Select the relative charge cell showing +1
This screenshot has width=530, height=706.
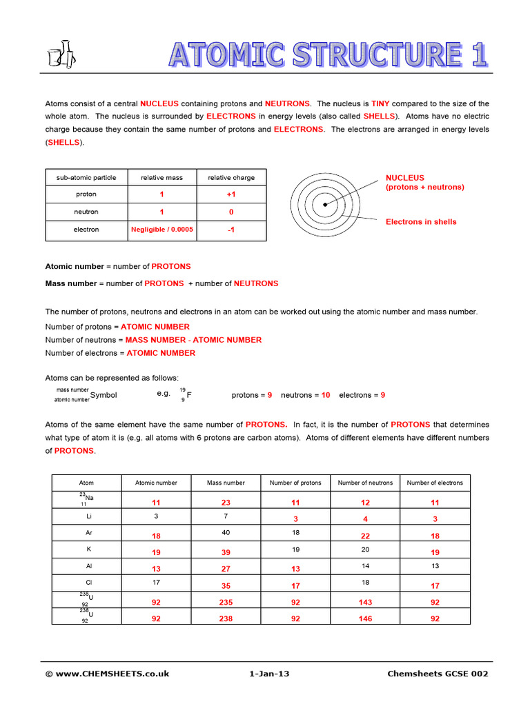tap(231, 195)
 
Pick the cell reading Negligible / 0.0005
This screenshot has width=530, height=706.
tap(162, 230)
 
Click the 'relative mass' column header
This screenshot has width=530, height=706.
tap(162, 178)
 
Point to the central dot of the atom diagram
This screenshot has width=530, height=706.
tap(324, 204)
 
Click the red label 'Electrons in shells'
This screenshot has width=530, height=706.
tap(421, 222)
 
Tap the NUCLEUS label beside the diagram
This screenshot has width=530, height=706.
tap(405, 178)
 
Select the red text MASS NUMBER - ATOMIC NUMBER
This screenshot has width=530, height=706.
tap(193, 340)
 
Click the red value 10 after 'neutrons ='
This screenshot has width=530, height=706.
tap(325, 395)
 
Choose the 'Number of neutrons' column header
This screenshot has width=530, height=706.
tap(365, 483)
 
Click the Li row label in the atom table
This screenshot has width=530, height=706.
tap(88, 516)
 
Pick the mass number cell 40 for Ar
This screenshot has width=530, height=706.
tap(226, 532)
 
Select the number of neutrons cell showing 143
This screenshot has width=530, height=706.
tap(365, 602)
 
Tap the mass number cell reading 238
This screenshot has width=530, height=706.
tap(226, 619)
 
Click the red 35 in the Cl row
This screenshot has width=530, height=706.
tap(226, 586)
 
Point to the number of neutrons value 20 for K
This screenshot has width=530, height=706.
tap(365, 549)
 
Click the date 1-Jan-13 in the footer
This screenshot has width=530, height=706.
tap(269, 674)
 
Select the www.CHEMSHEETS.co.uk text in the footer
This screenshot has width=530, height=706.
tap(112, 674)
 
